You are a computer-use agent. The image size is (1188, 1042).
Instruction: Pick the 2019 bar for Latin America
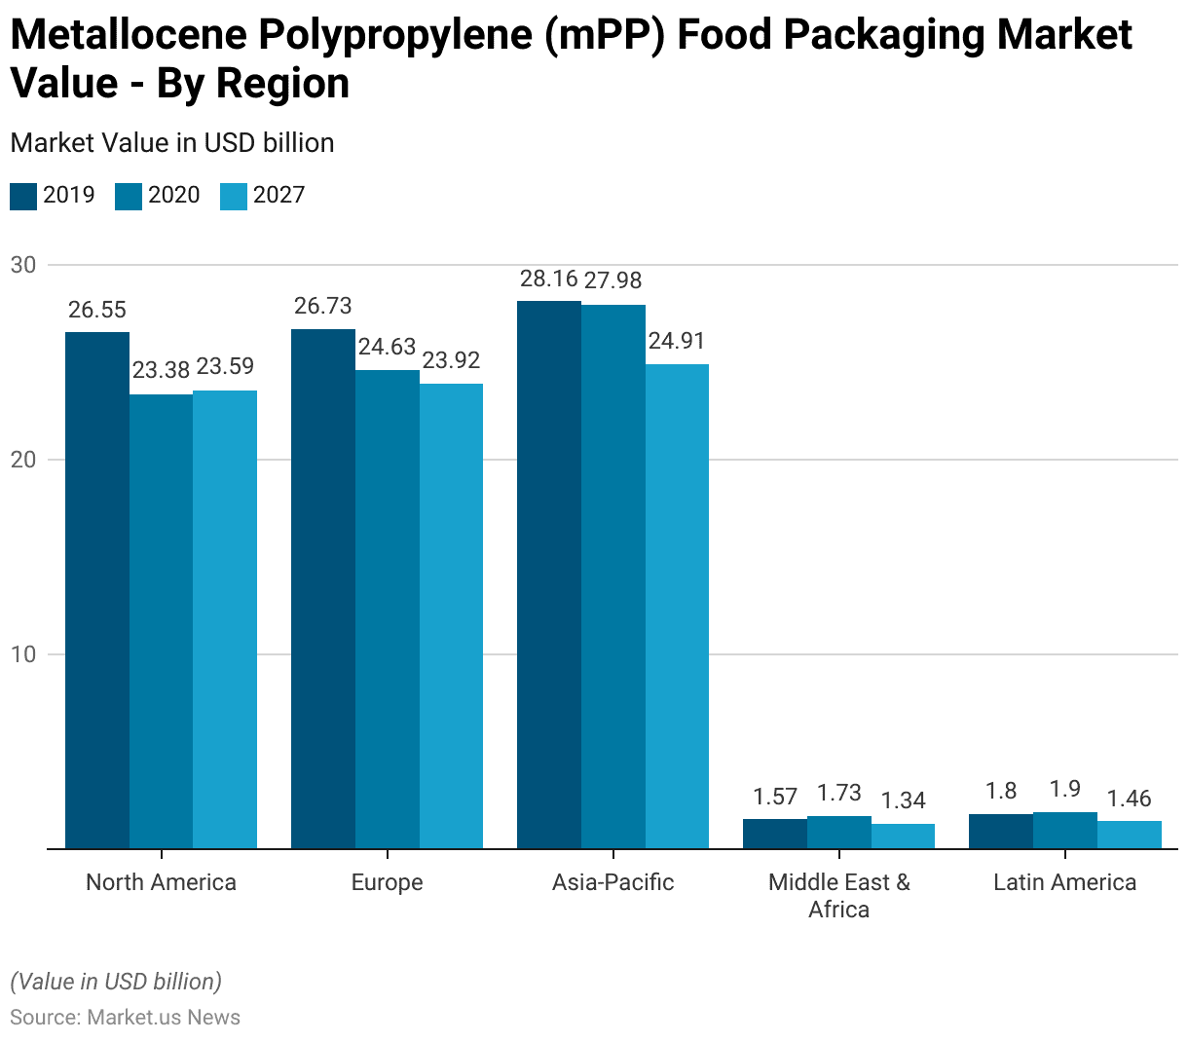click(1001, 831)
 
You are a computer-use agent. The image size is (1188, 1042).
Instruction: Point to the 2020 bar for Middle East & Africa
click(839, 832)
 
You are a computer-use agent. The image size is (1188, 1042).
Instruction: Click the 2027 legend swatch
click(234, 196)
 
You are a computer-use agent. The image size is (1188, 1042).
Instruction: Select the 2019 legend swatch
click(23, 196)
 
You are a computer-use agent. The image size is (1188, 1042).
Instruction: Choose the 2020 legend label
click(173, 195)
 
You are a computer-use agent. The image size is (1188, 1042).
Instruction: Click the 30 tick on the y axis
click(23, 265)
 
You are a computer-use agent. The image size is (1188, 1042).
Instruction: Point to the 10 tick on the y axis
click(23, 654)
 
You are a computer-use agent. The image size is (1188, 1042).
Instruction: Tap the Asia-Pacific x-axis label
click(613, 882)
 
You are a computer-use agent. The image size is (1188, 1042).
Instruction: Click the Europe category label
click(387, 882)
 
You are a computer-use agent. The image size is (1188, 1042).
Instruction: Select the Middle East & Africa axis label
click(838, 895)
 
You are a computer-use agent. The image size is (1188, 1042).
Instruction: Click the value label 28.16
click(549, 279)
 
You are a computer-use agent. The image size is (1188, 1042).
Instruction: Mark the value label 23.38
click(162, 370)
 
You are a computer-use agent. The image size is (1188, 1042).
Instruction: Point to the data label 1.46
click(1130, 800)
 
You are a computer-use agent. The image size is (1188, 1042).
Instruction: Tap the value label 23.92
click(452, 360)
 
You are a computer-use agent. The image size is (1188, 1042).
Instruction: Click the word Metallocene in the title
click(126, 35)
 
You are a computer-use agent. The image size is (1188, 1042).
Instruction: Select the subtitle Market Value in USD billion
click(172, 143)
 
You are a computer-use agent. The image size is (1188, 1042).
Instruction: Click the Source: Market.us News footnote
click(126, 1018)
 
